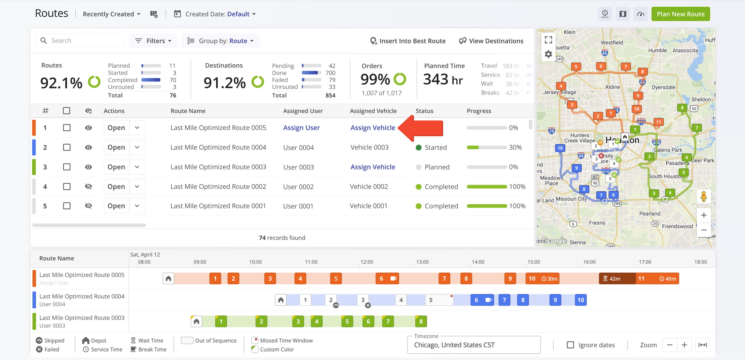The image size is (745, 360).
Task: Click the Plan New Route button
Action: coord(681,14)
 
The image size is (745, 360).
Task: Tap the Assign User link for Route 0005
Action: coord(302,128)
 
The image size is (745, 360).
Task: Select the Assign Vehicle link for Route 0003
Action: coord(373,167)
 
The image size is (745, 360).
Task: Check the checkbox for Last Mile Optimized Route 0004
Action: coord(67,147)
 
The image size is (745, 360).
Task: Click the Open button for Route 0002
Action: coord(116,187)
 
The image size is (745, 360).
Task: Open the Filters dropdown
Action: coord(153,41)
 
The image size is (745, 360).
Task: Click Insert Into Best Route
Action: coord(408,41)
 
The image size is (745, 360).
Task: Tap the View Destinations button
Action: coord(491,41)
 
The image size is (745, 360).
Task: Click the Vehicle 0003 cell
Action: coord(370,147)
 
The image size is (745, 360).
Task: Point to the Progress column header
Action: coord(479,111)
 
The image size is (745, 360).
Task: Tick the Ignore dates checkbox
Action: coord(570,345)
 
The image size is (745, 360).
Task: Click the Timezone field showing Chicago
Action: coord(474,345)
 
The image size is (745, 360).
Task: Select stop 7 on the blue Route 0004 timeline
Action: coord(504,300)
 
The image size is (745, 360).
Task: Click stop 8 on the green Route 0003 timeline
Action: coord(421,321)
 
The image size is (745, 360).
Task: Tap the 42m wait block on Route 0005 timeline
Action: coord(617,279)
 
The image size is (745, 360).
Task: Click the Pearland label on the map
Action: coord(650,213)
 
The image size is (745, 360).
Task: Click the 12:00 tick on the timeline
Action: coord(367,262)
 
